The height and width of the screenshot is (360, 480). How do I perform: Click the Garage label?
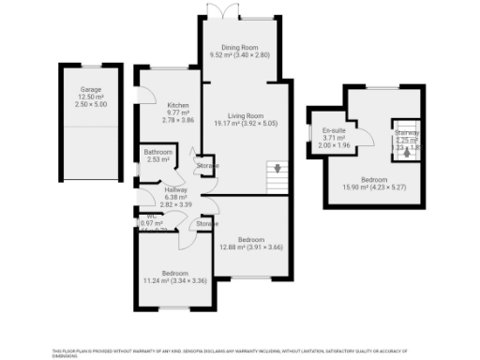point(90,89)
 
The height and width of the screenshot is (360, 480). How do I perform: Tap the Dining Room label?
point(238,48)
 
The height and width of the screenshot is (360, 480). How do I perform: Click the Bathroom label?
point(157,152)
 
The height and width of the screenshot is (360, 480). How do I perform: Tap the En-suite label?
point(333,130)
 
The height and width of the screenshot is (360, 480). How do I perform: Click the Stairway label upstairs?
point(406,133)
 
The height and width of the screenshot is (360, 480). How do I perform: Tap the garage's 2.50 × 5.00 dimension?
point(90,104)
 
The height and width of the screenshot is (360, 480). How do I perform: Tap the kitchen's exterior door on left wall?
point(138,97)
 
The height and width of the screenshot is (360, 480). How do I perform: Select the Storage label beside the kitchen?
point(207,166)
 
